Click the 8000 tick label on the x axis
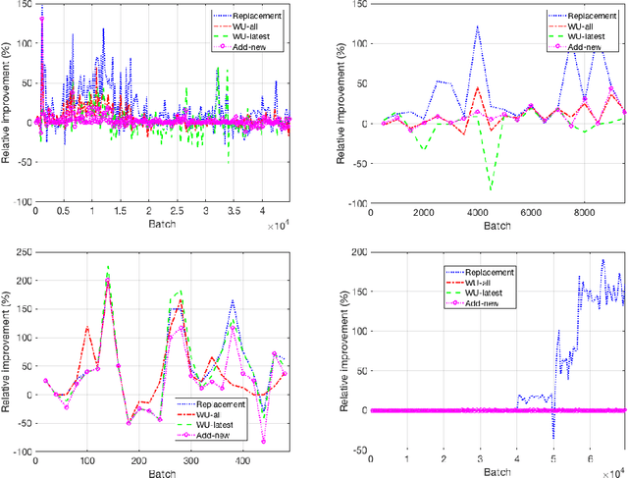point(585,212)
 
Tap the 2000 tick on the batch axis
point(424,212)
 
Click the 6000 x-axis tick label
point(531,212)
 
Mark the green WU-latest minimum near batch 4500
point(491,188)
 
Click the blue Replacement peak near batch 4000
point(477,27)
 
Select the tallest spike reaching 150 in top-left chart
point(41,6)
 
